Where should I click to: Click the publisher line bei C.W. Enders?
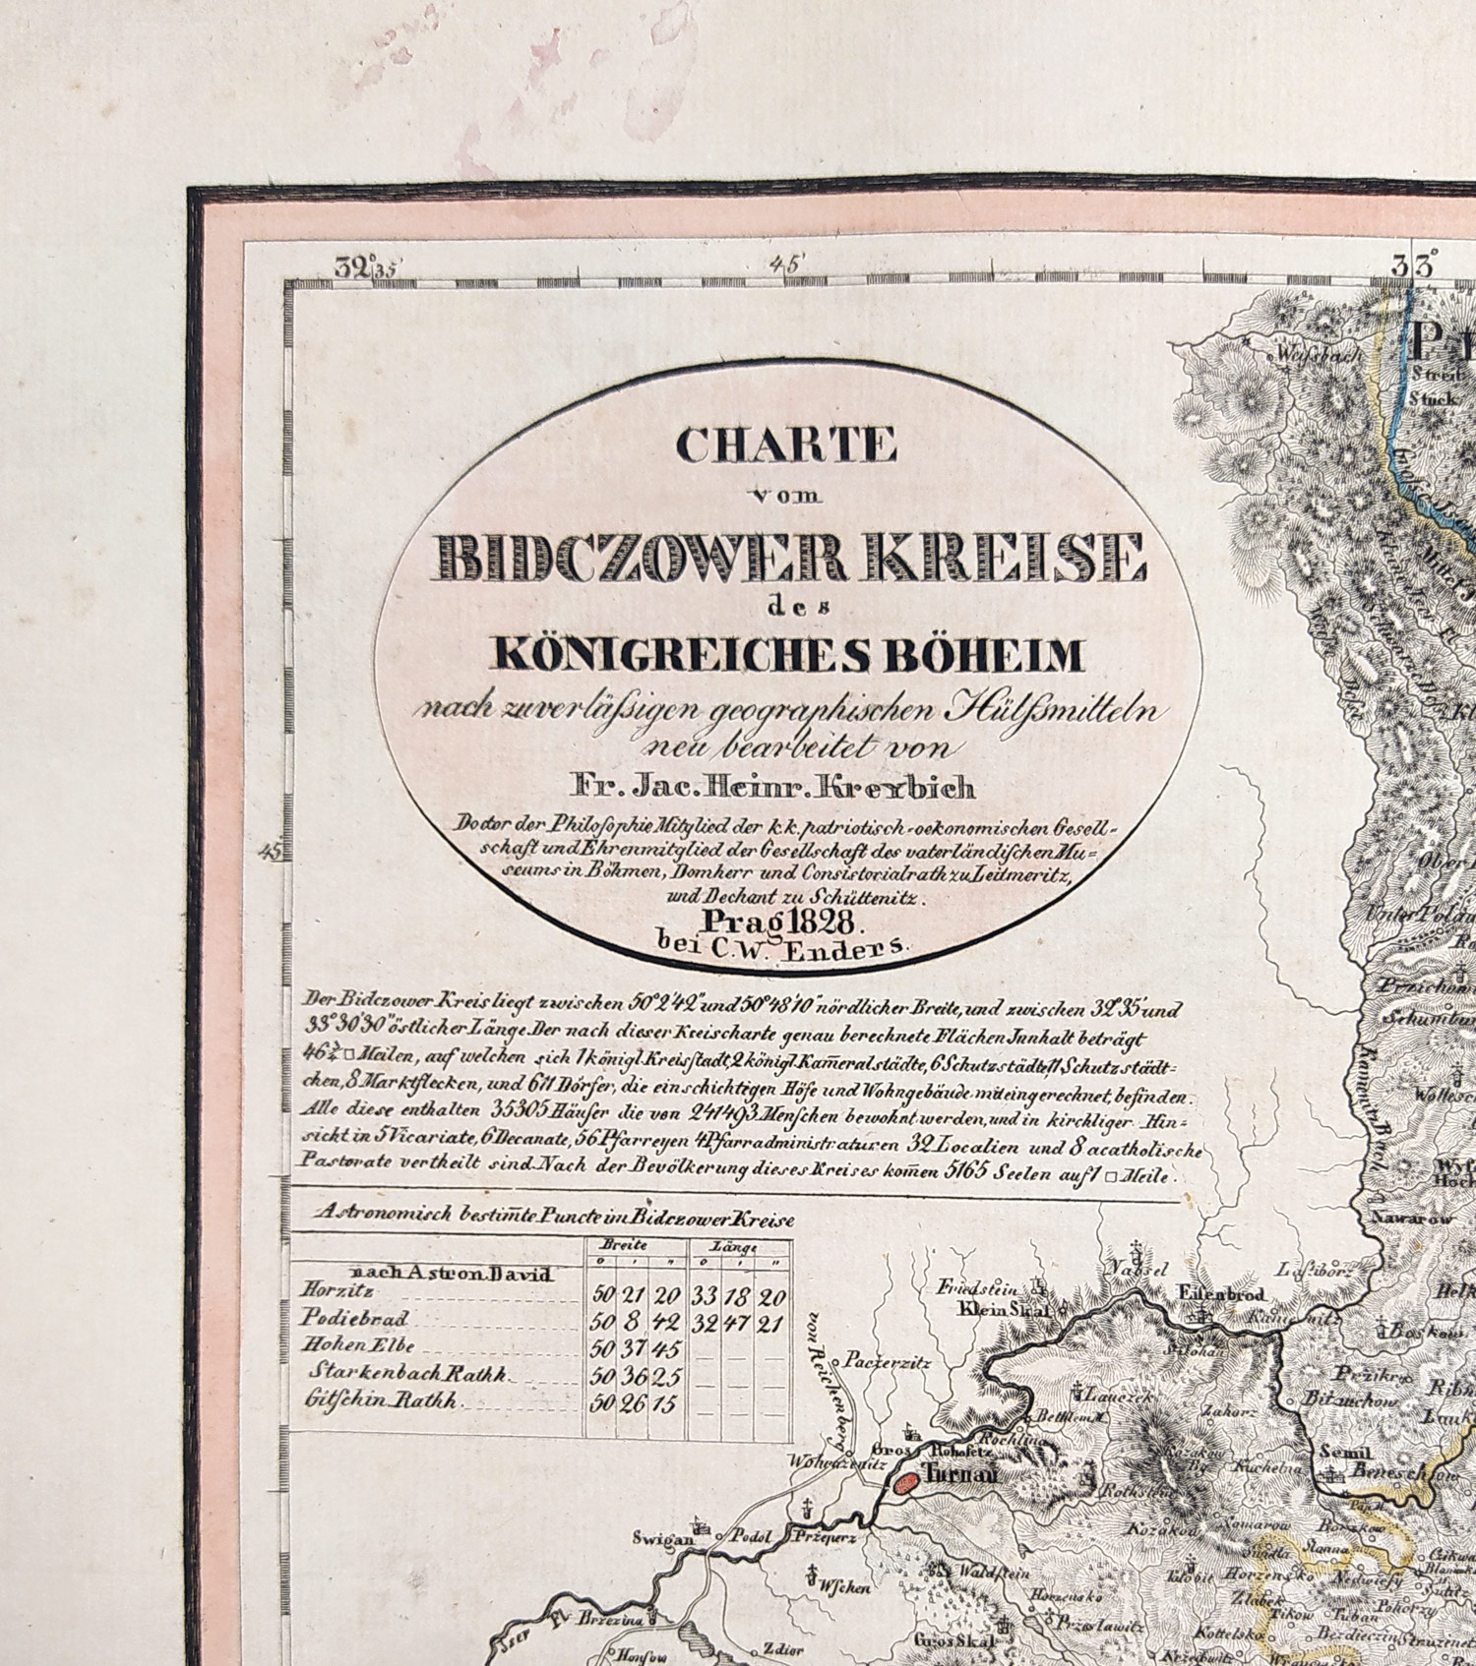coord(782,947)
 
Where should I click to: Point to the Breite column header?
coord(630,1245)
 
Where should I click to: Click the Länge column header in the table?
coord(740,1246)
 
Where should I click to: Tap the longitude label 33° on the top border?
coord(1413,264)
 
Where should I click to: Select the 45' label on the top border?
coord(788,264)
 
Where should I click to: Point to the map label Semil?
coord(1339,1451)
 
